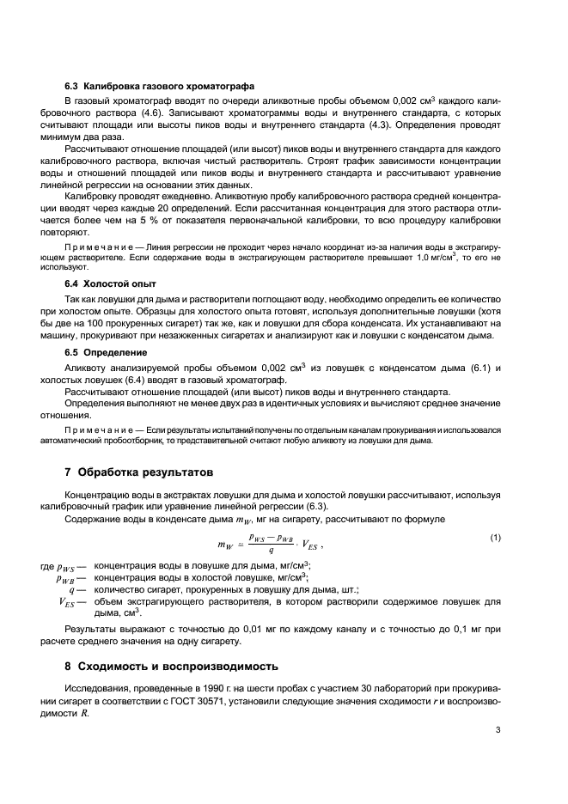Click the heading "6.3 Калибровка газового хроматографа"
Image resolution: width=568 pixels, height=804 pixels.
[x=159, y=86]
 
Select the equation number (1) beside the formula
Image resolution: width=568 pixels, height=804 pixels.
[x=495, y=537]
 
